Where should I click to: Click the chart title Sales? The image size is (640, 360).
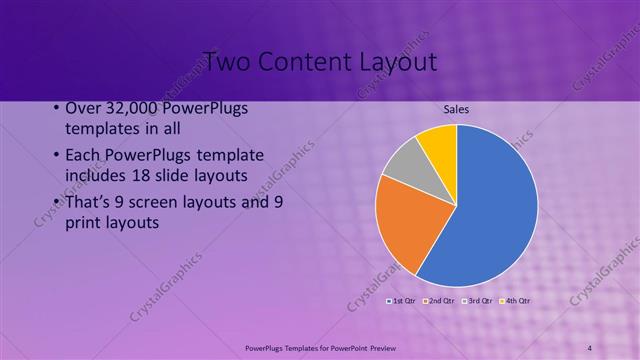pyautogui.click(x=456, y=110)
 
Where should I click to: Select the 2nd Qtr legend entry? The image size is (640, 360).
pyautogui.click(x=440, y=300)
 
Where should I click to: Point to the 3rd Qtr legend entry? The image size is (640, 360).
pyautogui.click(x=478, y=300)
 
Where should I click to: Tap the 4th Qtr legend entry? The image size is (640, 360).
pyautogui.click(x=516, y=300)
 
